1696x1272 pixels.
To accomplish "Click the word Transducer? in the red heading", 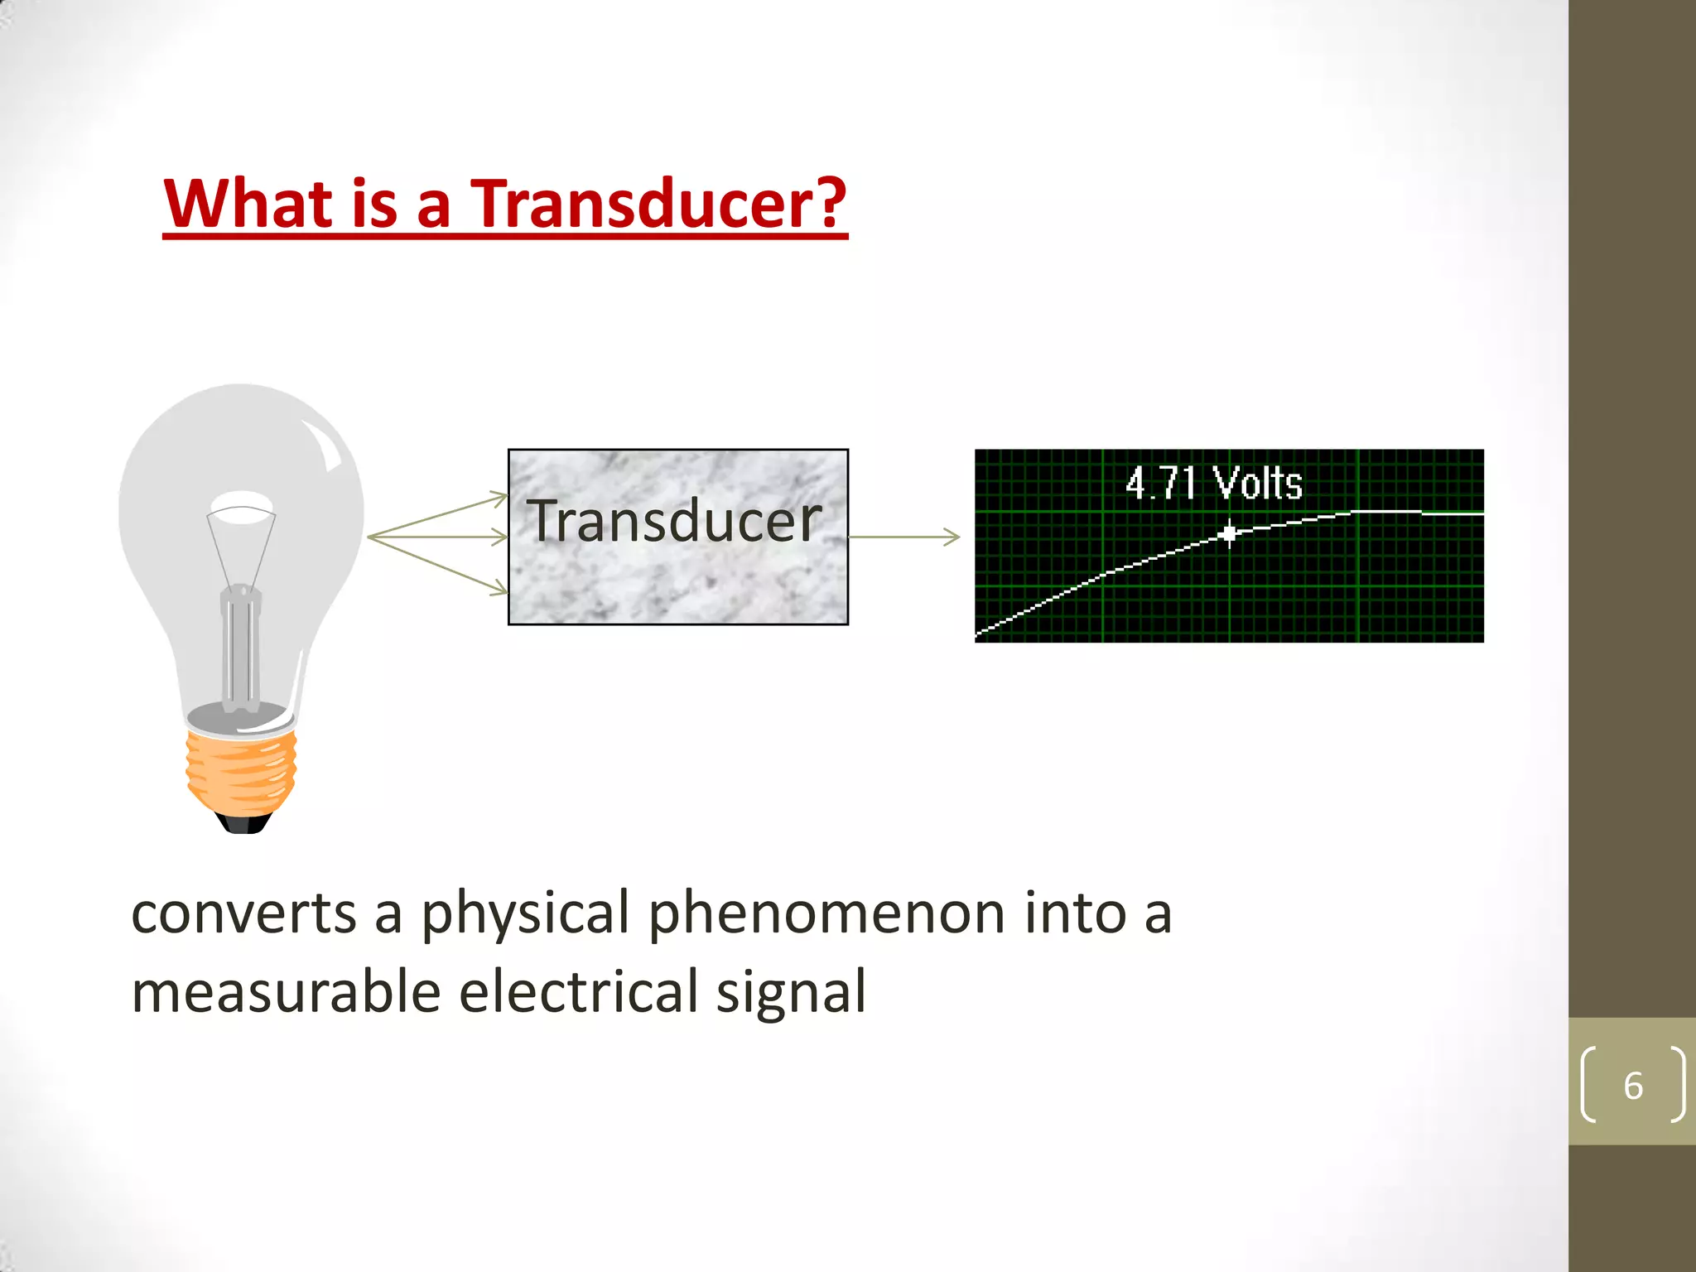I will (x=658, y=204).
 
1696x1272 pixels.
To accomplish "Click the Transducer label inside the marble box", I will (x=675, y=521).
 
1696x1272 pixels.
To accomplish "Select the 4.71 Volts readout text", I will (x=1213, y=483).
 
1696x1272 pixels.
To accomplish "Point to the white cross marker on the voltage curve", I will (x=1230, y=533).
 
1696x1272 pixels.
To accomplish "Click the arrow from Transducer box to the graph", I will (x=904, y=537).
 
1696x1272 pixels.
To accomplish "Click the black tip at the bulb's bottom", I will (x=243, y=823).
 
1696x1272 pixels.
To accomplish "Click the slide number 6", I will (x=1632, y=1086).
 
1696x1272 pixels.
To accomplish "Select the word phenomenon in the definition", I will (x=826, y=913).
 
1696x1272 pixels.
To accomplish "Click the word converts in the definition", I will (x=243, y=913).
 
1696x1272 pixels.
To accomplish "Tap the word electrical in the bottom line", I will (x=578, y=991).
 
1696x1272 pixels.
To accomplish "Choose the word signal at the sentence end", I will (x=790, y=991).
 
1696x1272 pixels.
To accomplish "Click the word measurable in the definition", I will (x=286, y=991).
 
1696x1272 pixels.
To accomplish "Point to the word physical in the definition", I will (x=525, y=913).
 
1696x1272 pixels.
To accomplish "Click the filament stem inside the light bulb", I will (x=240, y=646).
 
